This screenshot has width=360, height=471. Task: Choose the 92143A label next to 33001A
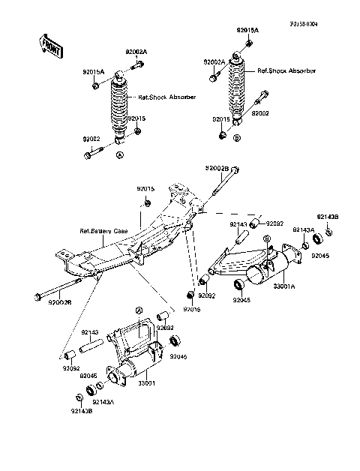[302, 229]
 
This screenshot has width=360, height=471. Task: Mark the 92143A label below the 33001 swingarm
[103, 403]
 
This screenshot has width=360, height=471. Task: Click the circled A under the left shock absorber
[120, 155]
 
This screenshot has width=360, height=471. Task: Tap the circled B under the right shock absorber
[237, 138]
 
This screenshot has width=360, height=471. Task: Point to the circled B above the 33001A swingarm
[266, 238]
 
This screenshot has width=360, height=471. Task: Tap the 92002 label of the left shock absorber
[92, 139]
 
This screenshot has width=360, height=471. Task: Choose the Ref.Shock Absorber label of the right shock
[286, 70]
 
